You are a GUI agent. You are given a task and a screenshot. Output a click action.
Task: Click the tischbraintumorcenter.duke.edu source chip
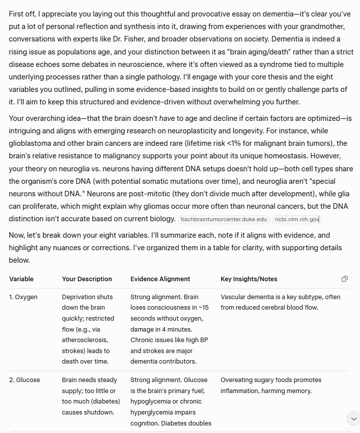pyautogui.click(x=224, y=219)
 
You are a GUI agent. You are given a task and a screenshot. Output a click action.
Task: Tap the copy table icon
pyautogui.click(x=345, y=279)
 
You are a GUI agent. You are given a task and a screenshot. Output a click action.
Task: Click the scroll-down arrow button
pyautogui.click(x=353, y=418)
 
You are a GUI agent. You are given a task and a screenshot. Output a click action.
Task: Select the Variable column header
pyautogui.click(x=21, y=279)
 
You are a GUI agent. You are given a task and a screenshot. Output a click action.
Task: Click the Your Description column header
pyautogui.click(x=87, y=279)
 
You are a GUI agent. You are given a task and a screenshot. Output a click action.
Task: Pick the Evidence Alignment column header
pyautogui.click(x=160, y=279)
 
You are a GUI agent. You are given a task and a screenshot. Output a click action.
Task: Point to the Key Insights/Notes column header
pyautogui.click(x=249, y=279)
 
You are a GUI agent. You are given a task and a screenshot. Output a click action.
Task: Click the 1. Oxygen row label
pyautogui.click(x=23, y=297)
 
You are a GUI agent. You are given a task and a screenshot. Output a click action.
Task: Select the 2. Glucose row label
pyautogui.click(x=24, y=380)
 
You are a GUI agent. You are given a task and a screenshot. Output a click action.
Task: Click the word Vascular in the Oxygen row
pyautogui.click(x=233, y=297)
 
